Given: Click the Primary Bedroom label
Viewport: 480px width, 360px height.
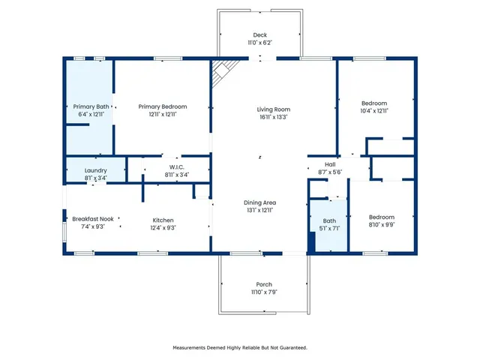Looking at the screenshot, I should (163, 106).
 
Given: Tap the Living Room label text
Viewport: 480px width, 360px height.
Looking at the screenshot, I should (273, 109).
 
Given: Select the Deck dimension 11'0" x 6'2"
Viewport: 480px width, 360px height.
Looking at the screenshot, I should (260, 43).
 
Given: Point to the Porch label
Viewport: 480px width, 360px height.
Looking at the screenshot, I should (264, 284).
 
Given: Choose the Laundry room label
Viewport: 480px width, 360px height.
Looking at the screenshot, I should (96, 170).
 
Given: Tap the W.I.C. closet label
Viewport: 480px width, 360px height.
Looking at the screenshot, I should (177, 166).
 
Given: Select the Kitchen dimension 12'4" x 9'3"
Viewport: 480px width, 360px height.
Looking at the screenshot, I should (163, 227).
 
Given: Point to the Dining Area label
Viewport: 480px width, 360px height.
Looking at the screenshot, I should (260, 202).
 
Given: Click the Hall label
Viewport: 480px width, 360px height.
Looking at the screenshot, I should (330, 164).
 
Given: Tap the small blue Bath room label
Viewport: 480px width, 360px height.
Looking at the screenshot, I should (330, 220).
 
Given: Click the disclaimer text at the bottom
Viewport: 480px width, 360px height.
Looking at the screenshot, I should (240, 347).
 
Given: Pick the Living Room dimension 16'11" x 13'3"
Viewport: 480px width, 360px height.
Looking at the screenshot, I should (273, 117).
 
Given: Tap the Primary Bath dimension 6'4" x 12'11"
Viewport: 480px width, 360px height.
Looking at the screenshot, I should (88, 114).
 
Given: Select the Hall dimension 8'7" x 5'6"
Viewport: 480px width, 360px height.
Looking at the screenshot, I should (330, 172).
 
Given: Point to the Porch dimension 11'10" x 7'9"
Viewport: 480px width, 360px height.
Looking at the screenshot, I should (264, 292).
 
